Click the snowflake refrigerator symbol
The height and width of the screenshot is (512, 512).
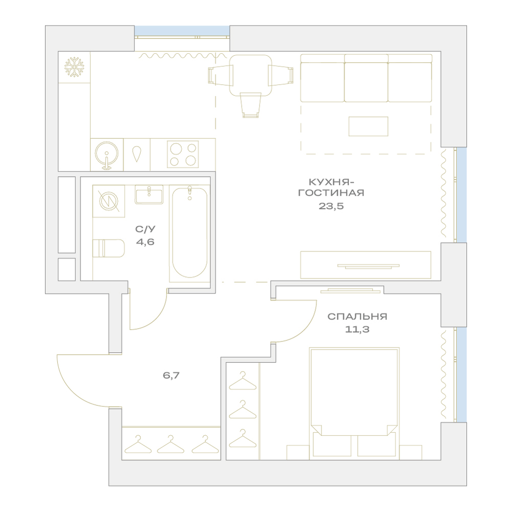pyautogui.click(x=74, y=67)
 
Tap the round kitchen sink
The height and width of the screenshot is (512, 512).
pyautogui.click(x=106, y=154)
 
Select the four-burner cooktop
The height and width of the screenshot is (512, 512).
pyautogui.click(x=183, y=154)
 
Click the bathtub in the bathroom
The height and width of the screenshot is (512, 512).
pyautogui.click(x=190, y=232)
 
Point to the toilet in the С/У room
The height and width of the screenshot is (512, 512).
pyautogui.click(x=109, y=248)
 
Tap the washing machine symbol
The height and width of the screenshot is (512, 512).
pyautogui.click(x=109, y=201)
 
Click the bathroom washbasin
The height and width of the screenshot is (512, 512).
pyautogui.click(x=149, y=195)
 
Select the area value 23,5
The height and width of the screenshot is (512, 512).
pyautogui.click(x=331, y=206)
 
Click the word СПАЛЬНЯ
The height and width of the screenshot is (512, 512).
pyautogui.click(x=357, y=316)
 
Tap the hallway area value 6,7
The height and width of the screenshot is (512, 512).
pyautogui.click(x=171, y=375)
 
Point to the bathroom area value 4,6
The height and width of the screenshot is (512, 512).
pyautogui.click(x=145, y=242)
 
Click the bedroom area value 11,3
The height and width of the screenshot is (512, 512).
pyautogui.click(x=357, y=329)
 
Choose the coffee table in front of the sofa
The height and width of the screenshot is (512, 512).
pyautogui.click(x=368, y=126)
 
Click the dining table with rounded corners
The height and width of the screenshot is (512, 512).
pyautogui.click(x=251, y=75)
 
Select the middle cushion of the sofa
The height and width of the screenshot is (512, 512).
pyautogui.click(x=366, y=78)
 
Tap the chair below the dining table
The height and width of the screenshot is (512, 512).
pyautogui.click(x=251, y=105)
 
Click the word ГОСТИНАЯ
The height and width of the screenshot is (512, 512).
pyautogui.click(x=331, y=193)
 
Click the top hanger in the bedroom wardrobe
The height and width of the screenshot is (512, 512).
pyautogui.click(x=242, y=381)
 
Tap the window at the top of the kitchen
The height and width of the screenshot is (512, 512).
pyautogui.click(x=182, y=31)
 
